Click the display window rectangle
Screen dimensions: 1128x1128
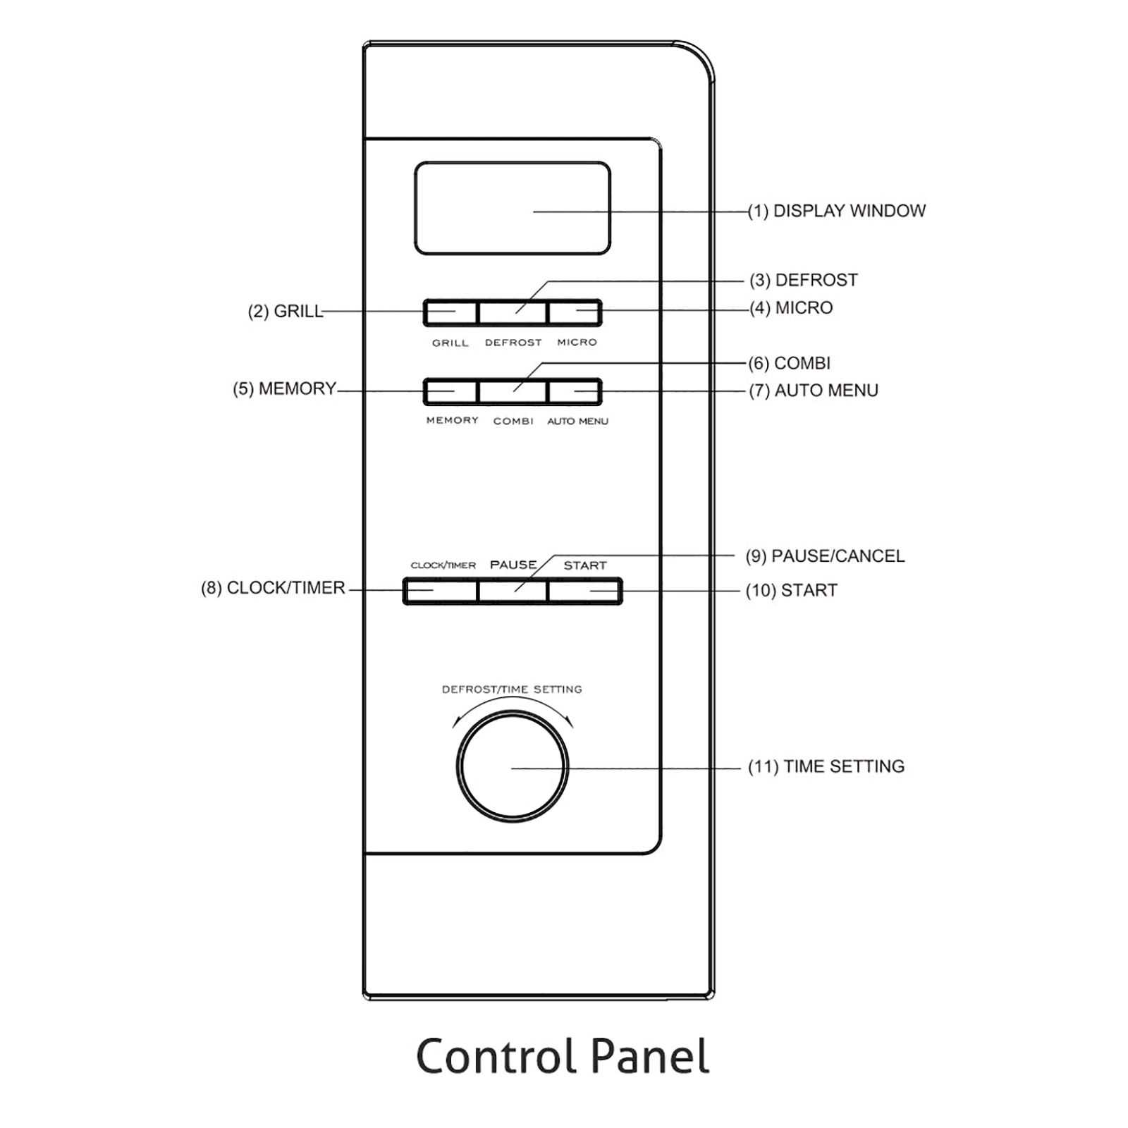point(513,208)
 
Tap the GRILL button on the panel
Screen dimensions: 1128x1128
point(450,312)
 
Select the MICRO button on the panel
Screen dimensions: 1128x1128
point(575,312)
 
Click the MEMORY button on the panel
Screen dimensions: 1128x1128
point(450,391)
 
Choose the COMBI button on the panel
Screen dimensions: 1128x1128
point(513,391)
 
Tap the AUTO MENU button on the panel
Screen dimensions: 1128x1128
point(575,391)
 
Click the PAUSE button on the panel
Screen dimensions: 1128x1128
point(513,591)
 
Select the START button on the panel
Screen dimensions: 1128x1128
point(584,591)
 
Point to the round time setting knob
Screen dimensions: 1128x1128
point(513,768)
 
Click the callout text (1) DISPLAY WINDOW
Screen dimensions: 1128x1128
point(837,211)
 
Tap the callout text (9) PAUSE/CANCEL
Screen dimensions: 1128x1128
point(825,556)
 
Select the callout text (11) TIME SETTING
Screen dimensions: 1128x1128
point(826,766)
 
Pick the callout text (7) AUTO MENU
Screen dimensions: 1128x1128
point(814,391)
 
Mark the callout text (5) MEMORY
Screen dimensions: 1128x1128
point(285,388)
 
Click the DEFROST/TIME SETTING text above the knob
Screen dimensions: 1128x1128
point(512,689)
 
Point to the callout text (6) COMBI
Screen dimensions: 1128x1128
point(790,363)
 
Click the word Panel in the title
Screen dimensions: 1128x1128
point(649,1057)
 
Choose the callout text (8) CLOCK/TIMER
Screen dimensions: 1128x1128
point(274,588)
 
